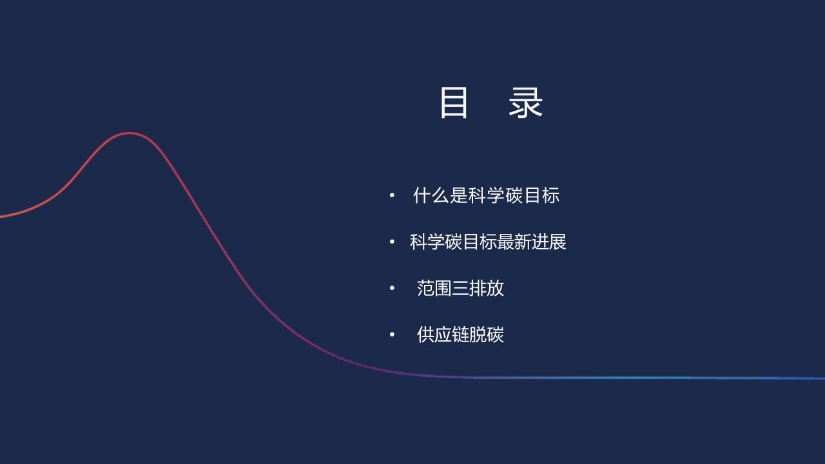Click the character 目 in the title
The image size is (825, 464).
pos(454,102)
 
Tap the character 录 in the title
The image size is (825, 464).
pos(525,102)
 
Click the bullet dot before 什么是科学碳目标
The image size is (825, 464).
pos(392,195)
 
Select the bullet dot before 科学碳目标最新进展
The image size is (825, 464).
pos(392,242)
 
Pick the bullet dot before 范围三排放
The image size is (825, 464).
pos(392,288)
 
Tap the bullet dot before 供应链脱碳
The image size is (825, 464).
pos(392,334)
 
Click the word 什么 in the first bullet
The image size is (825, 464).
pos(431,195)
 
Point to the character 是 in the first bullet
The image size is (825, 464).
pos(458,195)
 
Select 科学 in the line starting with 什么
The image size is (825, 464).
pos(486,195)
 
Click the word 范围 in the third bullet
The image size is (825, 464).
pos(434,288)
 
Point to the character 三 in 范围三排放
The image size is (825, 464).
pos(460,288)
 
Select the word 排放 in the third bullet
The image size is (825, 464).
pos(487,288)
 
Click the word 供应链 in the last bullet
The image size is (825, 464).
pos(443,334)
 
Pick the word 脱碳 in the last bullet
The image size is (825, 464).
pos(487,334)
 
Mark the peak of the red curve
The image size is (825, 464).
pos(129,133)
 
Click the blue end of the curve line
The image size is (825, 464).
pos(824,378)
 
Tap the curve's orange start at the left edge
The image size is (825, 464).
pos(1,217)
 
